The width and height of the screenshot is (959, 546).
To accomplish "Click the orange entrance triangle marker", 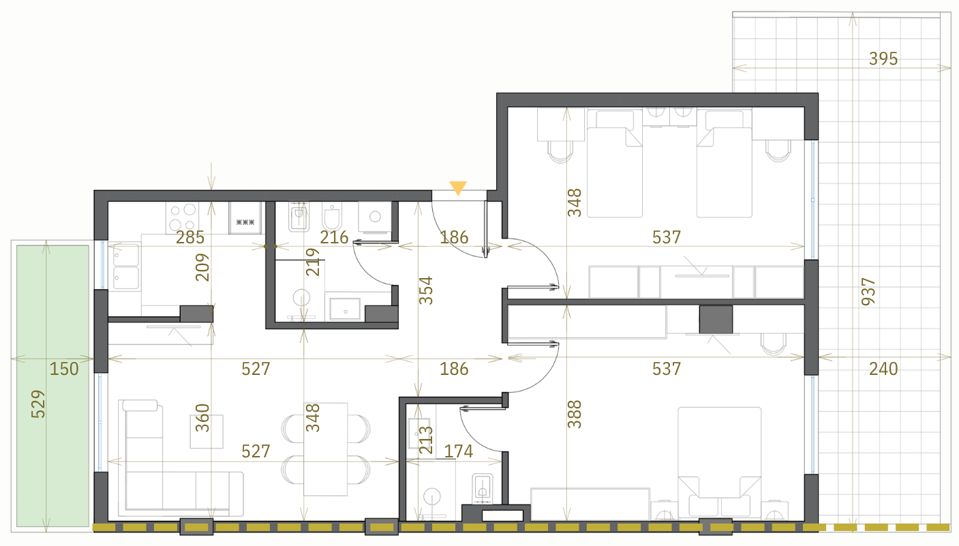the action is tap(457, 187).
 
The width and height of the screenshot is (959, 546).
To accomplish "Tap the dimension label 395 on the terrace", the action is tap(883, 59).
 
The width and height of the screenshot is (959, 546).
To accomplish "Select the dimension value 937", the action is tap(868, 292).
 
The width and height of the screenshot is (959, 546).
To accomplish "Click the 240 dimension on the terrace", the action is tap(883, 369).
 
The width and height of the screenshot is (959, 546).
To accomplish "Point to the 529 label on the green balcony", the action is tap(38, 404).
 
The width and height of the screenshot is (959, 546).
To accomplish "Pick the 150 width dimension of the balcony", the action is tap(64, 369).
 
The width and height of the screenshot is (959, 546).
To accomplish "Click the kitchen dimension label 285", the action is tap(190, 237).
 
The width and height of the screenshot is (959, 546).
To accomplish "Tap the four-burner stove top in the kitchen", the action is tap(183, 218).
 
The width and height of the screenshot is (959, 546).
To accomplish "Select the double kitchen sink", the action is tap(125, 267).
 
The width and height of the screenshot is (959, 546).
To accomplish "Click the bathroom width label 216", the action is tap(335, 237).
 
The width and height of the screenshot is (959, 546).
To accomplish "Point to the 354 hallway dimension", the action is tap(426, 291).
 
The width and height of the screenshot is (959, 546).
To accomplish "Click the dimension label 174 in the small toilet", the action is tap(459, 451).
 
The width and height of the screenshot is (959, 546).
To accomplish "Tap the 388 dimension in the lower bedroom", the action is tap(575, 414).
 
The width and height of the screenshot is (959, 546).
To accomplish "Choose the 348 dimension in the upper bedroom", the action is tap(575, 202).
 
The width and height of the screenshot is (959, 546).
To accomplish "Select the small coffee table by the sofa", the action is tap(207, 431).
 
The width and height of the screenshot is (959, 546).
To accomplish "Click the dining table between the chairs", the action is tap(325, 449).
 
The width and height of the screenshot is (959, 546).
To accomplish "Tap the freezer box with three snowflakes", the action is tap(245, 218).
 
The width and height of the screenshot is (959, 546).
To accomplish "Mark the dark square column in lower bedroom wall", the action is tap(716, 319).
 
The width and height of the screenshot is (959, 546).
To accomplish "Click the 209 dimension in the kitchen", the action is tap(202, 267).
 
